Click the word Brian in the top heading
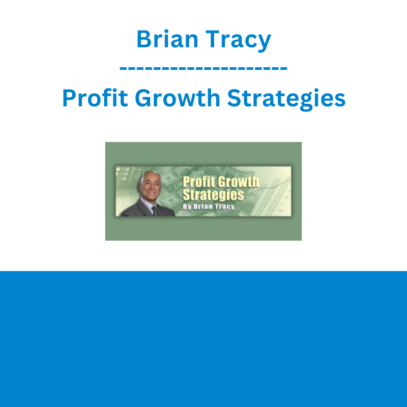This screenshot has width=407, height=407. (x=167, y=39)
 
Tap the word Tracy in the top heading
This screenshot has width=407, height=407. (x=238, y=41)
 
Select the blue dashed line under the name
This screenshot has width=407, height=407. (x=203, y=69)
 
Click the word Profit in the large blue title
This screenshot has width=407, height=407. (x=95, y=98)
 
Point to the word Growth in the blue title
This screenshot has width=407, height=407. (x=178, y=98)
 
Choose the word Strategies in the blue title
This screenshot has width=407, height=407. (x=286, y=100)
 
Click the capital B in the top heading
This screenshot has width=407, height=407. (x=145, y=39)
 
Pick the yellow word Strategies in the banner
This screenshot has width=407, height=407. (x=213, y=195)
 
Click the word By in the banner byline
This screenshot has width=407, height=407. (x=187, y=207)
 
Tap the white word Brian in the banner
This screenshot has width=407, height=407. (x=202, y=207)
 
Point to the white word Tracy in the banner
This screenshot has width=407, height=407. (x=224, y=207)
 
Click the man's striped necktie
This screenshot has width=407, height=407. (x=155, y=211)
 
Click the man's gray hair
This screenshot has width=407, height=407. (x=149, y=175)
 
